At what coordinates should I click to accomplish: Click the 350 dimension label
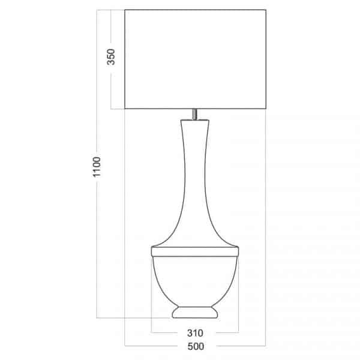(x=111, y=57)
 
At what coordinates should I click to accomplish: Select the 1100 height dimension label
(x=97, y=167)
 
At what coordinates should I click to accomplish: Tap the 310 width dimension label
(x=195, y=333)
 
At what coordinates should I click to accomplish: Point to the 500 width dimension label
(x=196, y=346)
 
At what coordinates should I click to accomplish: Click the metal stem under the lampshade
(x=194, y=114)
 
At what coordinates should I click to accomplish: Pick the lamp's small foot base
(x=195, y=312)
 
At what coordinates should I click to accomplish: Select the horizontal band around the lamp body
(x=195, y=251)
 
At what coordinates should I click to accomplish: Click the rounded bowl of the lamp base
(x=195, y=281)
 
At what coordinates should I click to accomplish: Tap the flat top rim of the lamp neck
(x=194, y=120)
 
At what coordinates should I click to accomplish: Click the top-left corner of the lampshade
(x=125, y=10)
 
